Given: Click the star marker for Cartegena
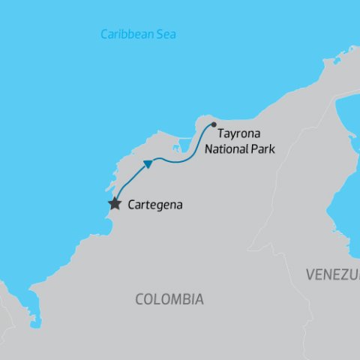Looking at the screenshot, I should [x=115, y=203].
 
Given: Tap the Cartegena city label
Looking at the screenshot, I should [x=155, y=204].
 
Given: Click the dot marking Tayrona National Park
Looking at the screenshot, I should [x=214, y=124].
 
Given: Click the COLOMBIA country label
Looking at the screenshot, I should [x=169, y=299].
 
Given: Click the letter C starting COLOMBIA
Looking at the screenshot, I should [x=139, y=299].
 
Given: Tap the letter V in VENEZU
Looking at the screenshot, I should [x=310, y=275].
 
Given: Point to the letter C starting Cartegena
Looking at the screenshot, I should [x=133, y=204].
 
